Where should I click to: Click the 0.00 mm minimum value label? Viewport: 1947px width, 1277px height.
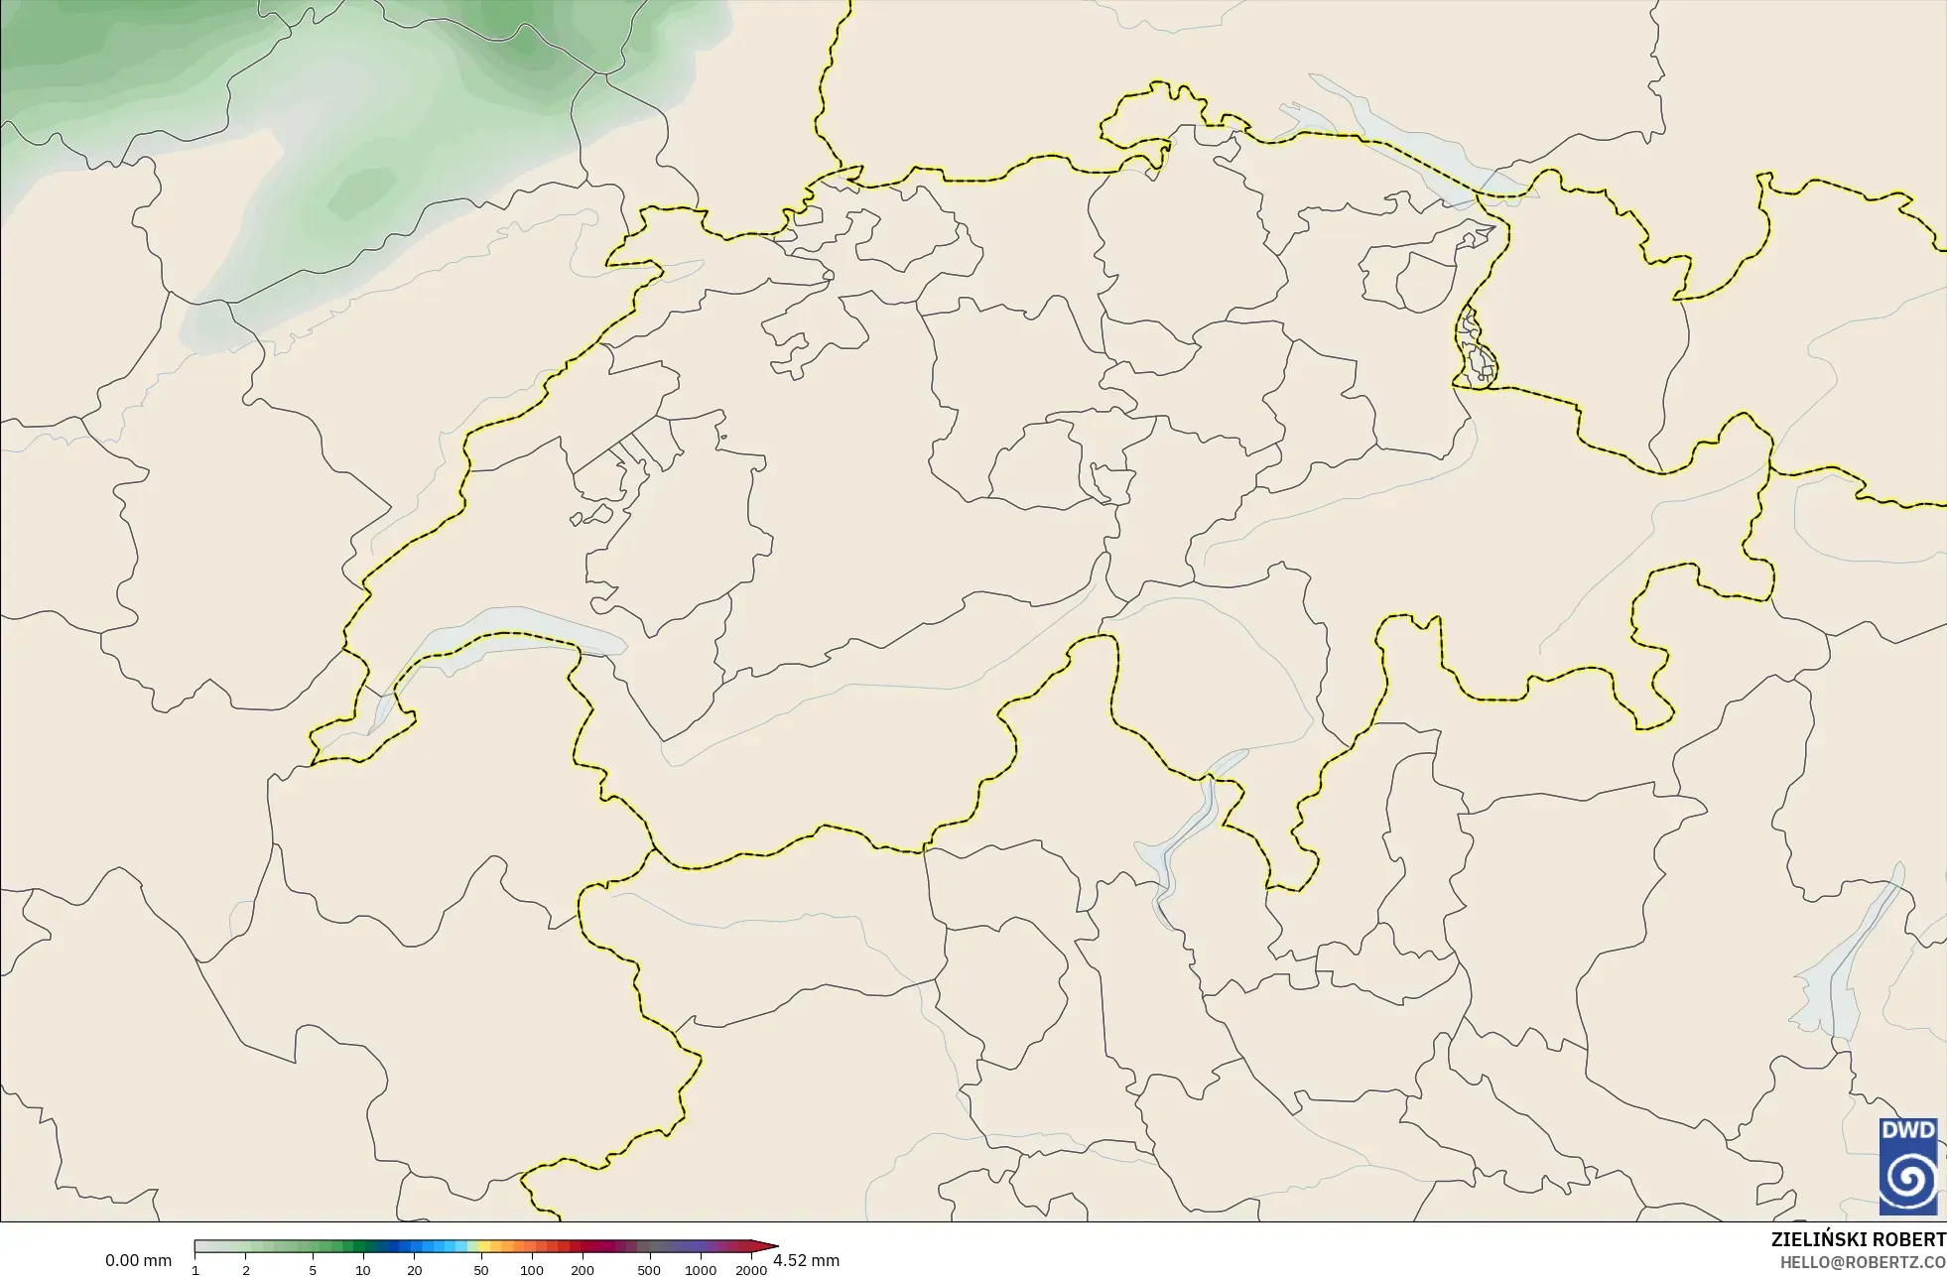138,1261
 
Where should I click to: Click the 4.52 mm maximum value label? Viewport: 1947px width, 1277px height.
806,1261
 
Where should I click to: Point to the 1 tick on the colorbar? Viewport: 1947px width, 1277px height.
195,1270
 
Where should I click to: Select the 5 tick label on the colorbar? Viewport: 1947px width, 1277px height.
313,1270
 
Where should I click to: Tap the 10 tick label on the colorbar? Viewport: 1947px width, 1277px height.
363,1270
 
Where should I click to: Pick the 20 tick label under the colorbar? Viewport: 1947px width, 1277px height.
415,1270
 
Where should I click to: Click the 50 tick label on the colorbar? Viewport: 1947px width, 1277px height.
481,1270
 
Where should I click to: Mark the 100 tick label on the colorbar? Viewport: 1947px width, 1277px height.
532,1270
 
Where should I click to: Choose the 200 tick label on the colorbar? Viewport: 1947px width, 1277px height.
583,1270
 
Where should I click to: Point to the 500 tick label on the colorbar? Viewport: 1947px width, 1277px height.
649,1270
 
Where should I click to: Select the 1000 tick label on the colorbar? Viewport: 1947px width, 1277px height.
701,1270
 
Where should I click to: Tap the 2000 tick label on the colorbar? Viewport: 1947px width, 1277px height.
751,1270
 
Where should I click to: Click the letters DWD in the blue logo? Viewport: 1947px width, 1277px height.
1908,1131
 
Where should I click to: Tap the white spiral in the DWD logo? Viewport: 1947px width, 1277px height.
1908,1179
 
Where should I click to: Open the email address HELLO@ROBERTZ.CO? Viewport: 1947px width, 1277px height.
1863,1262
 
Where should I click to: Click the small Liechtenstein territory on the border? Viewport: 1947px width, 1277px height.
1476,347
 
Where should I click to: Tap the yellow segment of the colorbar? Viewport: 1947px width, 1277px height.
472,1247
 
